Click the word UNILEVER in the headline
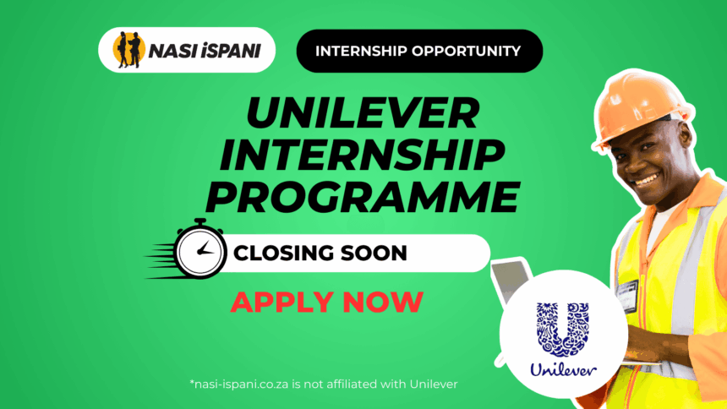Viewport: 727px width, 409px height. [363, 112]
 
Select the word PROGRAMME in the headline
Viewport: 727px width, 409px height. [363, 197]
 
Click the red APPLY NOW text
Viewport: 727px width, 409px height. [327, 302]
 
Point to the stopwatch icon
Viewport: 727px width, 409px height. [200, 249]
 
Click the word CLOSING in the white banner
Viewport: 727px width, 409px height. [284, 254]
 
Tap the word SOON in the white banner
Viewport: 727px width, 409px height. [374, 254]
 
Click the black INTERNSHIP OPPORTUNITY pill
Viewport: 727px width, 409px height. [419, 51]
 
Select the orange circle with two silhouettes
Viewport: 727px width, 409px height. [128, 50]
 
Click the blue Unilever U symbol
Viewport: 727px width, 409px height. [563, 330]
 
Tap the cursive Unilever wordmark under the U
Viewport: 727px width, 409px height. [563, 370]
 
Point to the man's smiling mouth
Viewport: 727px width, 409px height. [646, 179]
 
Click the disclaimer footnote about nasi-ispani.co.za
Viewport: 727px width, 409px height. [324, 384]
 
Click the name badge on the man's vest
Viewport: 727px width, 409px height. [627, 296]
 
